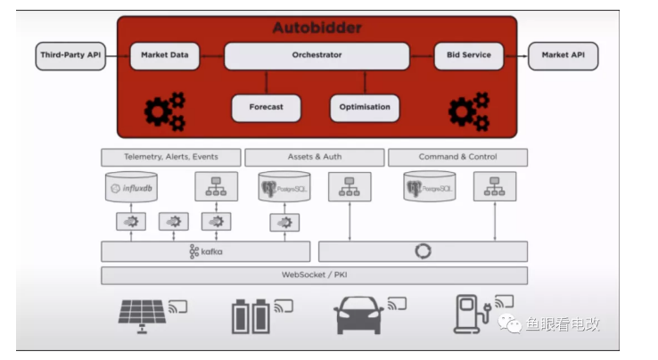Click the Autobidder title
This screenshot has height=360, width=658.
click(317, 28)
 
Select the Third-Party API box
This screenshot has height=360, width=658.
click(70, 55)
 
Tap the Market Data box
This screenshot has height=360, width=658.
click(165, 55)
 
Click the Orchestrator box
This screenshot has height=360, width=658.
click(317, 55)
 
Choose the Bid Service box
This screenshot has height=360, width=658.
click(468, 55)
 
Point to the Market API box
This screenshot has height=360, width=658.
click(563, 55)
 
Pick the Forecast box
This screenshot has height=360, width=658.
click(266, 108)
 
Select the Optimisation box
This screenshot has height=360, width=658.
click(365, 108)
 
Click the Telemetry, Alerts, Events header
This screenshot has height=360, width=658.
click(170, 157)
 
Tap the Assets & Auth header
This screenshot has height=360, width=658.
click(314, 157)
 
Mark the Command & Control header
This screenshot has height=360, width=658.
click(457, 157)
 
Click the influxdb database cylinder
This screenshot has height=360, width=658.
click(131, 187)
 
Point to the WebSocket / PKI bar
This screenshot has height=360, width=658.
click(314, 275)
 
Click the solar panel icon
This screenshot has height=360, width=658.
click(142, 315)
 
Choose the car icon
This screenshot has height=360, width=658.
click(360, 315)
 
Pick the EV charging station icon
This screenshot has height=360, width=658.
click(469, 314)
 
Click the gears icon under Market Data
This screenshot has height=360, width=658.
click(165, 111)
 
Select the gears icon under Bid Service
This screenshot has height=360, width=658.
click(468, 111)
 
